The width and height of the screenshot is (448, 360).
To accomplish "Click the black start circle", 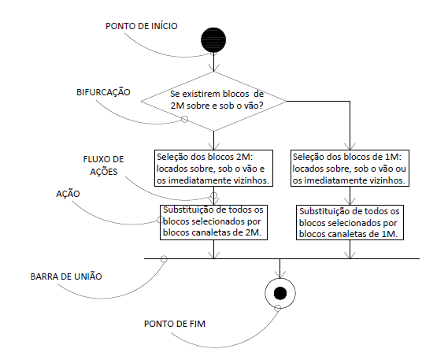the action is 213,39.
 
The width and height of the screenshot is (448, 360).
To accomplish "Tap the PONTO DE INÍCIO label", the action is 142,26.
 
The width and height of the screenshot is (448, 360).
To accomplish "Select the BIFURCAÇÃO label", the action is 103,92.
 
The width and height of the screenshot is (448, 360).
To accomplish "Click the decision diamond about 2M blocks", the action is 213,101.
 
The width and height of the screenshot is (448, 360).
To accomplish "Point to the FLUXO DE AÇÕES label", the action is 103,165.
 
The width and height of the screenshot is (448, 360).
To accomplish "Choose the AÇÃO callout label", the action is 68,194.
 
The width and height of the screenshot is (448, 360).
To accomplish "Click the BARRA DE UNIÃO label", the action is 66,276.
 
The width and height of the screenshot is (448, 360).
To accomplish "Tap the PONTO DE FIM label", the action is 175,324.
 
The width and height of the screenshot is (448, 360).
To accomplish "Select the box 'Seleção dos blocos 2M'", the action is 213,168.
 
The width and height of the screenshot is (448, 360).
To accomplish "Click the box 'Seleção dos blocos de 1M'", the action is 350,168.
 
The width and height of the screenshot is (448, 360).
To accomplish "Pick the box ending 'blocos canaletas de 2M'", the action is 213,222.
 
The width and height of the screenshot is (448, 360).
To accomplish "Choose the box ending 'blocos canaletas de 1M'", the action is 350,222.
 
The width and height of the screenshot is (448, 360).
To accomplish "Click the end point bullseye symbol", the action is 280,293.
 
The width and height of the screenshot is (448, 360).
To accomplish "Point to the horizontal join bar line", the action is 282,259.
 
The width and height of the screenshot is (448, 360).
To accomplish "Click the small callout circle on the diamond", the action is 185,119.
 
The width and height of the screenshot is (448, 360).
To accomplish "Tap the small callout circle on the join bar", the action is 164,259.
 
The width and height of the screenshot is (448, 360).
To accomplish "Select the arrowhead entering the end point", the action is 280,275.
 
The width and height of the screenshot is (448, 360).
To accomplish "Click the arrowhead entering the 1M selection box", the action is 350,147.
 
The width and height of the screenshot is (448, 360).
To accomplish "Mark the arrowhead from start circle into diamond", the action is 213,68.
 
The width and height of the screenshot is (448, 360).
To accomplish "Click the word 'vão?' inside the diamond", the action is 254,106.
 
